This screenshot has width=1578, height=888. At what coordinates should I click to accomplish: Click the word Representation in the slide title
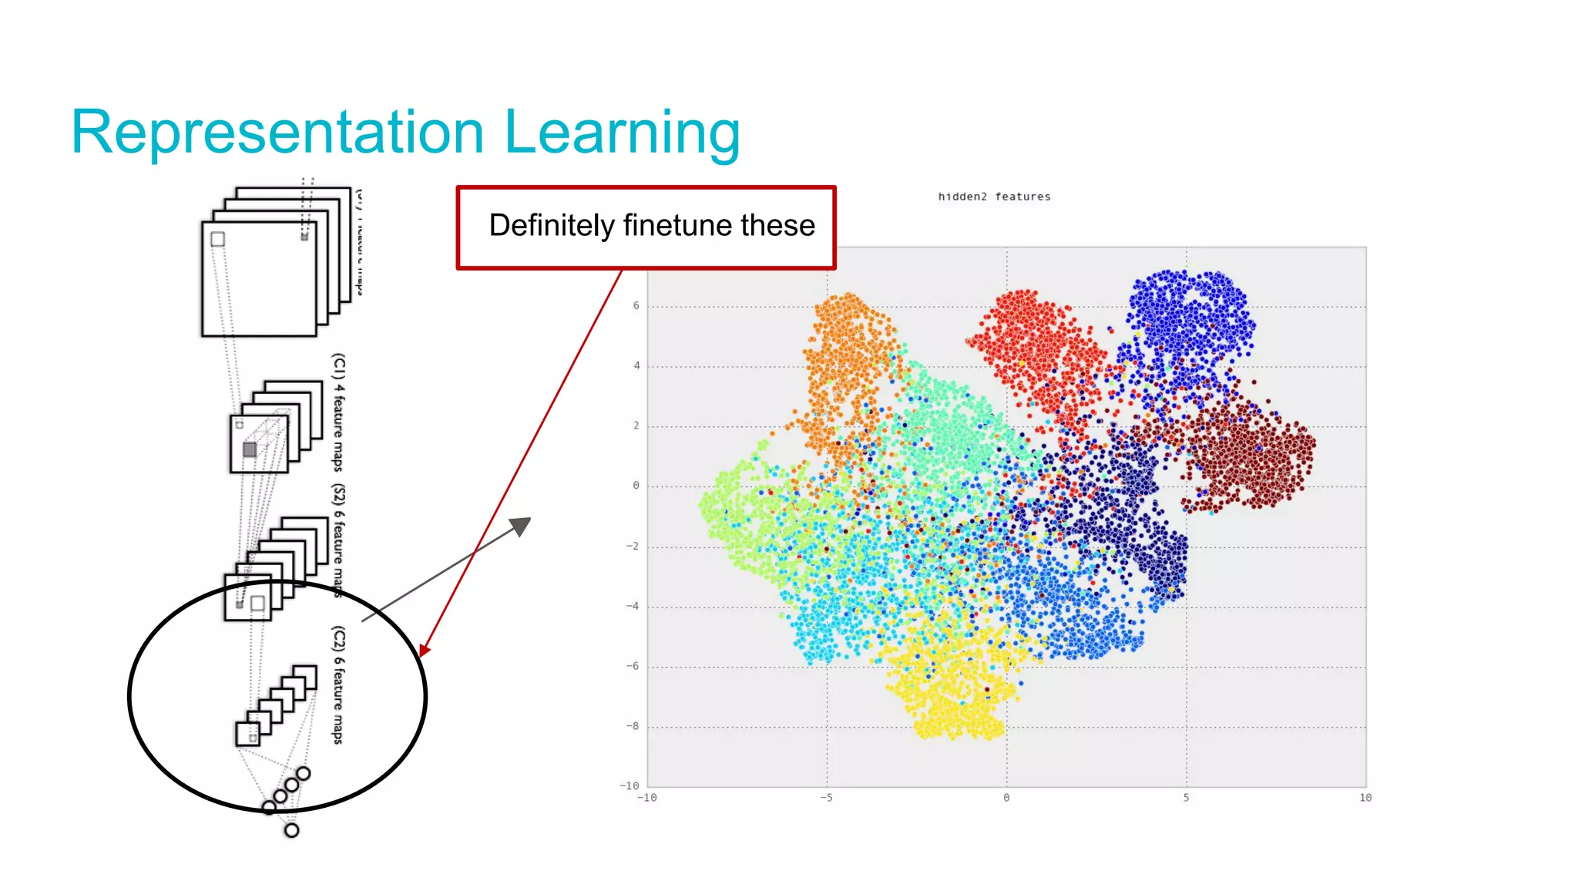277,133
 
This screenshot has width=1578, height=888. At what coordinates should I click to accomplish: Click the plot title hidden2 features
994,197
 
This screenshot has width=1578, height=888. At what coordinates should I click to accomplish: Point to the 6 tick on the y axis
636,306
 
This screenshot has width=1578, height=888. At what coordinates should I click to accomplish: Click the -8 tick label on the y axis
632,726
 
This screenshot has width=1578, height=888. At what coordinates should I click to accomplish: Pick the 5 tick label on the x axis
1186,798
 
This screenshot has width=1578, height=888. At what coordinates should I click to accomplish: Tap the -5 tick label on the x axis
826,798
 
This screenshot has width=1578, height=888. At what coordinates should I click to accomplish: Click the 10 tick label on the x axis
1365,798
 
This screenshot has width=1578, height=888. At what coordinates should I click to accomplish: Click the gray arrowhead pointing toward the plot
522,526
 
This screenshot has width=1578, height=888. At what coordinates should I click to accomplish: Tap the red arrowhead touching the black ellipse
424,650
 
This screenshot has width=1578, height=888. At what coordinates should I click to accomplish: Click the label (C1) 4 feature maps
338,412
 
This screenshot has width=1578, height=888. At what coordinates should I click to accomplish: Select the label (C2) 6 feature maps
338,684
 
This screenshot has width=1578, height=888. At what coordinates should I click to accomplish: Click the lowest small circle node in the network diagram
291,830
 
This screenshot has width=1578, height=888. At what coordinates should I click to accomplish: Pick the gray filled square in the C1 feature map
250,449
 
